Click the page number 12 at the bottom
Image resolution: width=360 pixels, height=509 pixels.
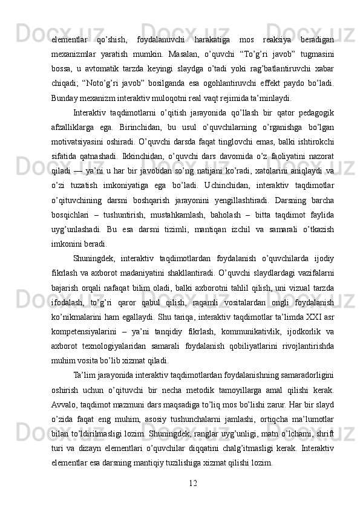coord(194,482)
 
